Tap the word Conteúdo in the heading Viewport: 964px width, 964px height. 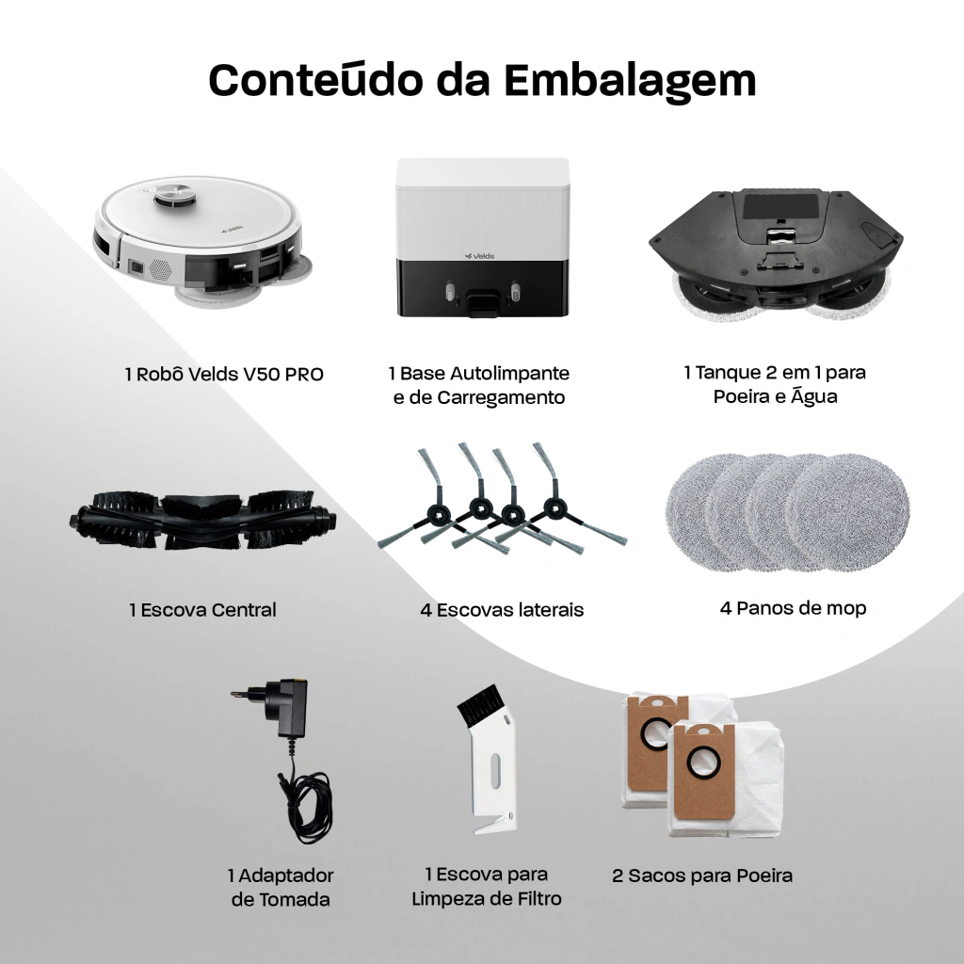[316, 79]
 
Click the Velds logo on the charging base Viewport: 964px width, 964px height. [479, 256]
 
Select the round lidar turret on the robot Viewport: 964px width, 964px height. [175, 194]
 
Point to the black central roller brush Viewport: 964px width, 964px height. [203, 520]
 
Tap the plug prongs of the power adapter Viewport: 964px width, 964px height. [249, 693]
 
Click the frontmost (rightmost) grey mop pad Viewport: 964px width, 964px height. [847, 511]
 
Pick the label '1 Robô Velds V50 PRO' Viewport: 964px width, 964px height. [224, 374]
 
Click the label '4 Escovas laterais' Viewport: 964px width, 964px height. [502, 610]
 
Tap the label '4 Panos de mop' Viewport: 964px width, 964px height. [793, 608]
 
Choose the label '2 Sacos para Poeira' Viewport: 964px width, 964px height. [702, 876]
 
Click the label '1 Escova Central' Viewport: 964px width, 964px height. [203, 610]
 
